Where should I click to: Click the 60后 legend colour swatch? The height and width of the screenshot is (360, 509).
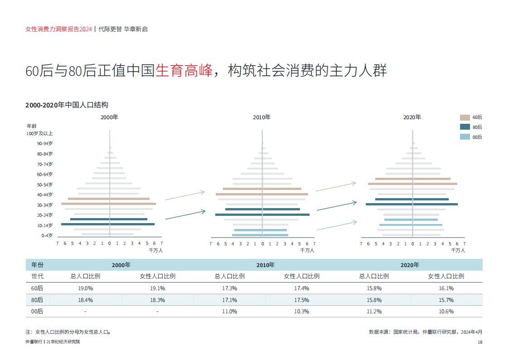465,117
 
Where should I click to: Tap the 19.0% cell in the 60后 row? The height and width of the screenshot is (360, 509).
85,288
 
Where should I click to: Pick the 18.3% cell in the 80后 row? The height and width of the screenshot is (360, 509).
157,300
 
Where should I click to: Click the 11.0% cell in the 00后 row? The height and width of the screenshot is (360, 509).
229,311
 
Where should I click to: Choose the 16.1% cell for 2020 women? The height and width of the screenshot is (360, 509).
446,288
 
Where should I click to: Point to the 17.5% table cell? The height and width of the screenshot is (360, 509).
301,300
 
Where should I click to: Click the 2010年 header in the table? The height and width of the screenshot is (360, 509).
265,265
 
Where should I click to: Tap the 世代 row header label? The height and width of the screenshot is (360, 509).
37,276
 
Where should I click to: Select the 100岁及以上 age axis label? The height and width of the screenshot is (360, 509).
39,133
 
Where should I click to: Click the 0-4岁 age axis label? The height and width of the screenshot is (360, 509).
47,235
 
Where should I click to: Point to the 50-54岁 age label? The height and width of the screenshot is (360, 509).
45,185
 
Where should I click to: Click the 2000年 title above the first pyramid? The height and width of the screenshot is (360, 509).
109,117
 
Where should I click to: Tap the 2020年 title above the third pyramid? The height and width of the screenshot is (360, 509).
412,117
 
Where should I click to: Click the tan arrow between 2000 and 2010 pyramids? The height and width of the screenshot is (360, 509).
184,196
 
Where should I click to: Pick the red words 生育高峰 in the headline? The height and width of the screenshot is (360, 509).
184,71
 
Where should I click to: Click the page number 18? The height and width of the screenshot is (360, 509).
480,342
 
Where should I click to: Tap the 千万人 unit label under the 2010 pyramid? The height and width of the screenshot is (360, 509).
307,250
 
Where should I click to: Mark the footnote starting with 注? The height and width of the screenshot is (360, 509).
68,331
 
